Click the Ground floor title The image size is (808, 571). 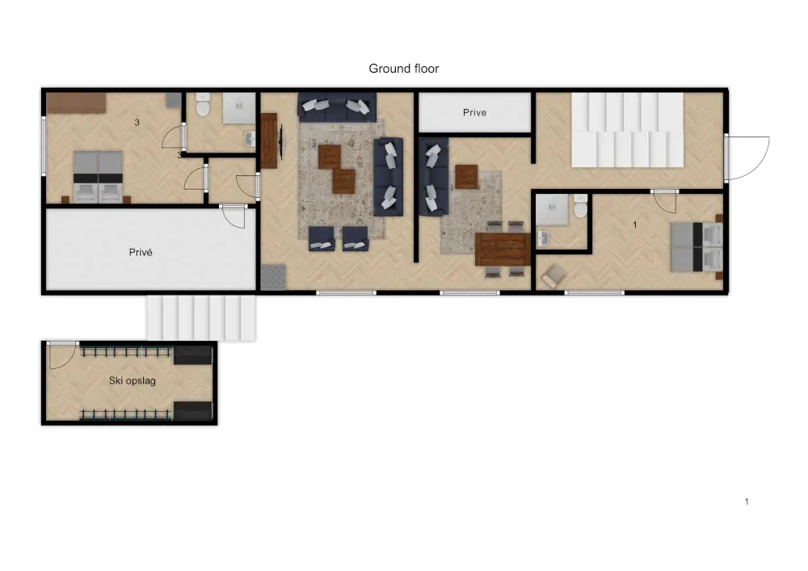[x=403, y=69]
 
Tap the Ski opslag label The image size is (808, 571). [x=132, y=381]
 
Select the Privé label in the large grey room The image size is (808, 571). [x=140, y=252]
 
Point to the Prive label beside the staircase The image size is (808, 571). [x=474, y=112]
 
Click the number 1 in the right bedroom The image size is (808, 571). [x=635, y=225]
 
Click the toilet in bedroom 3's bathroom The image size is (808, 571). [x=203, y=104]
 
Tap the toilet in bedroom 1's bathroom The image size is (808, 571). [x=580, y=206]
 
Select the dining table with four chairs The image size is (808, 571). [x=503, y=250]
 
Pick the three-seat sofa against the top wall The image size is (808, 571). [x=337, y=107]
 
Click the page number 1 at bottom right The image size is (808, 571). [x=747, y=502]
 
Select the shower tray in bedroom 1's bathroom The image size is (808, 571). [x=552, y=209]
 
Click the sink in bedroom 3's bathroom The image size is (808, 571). [x=250, y=138]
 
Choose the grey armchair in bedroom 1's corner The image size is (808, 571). [x=553, y=276]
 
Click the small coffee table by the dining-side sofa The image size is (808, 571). [x=466, y=177]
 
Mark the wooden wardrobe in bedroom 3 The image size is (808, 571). [x=76, y=103]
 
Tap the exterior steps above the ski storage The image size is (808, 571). [x=201, y=317]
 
